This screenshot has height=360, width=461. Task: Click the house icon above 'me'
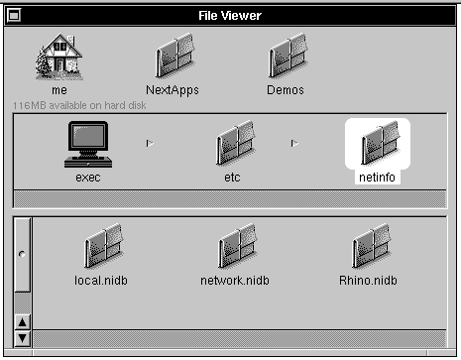[59, 57]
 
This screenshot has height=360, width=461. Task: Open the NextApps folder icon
[174, 56]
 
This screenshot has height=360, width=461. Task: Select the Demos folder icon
[288, 56]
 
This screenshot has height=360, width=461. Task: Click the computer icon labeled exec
[88, 144]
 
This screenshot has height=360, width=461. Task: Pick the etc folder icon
[235, 143]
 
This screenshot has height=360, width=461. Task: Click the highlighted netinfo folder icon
[380, 143]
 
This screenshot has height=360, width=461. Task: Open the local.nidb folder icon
[104, 246]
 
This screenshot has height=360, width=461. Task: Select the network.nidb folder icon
[238, 246]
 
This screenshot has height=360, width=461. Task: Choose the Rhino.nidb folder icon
[372, 246]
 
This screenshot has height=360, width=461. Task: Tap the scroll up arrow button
[22, 322]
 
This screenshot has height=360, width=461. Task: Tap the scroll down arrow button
[22, 338]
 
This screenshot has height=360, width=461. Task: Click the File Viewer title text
[230, 16]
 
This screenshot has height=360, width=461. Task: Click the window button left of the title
[14, 15]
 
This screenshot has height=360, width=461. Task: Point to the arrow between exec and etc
[150, 143]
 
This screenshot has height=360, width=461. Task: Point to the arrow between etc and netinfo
[294, 143]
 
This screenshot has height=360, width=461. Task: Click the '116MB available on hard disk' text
[79, 105]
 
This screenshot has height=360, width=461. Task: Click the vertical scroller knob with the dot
[22, 255]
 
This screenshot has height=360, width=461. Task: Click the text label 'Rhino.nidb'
[368, 281]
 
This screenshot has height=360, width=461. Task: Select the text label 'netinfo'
[377, 178]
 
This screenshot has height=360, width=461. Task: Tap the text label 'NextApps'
[173, 90]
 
